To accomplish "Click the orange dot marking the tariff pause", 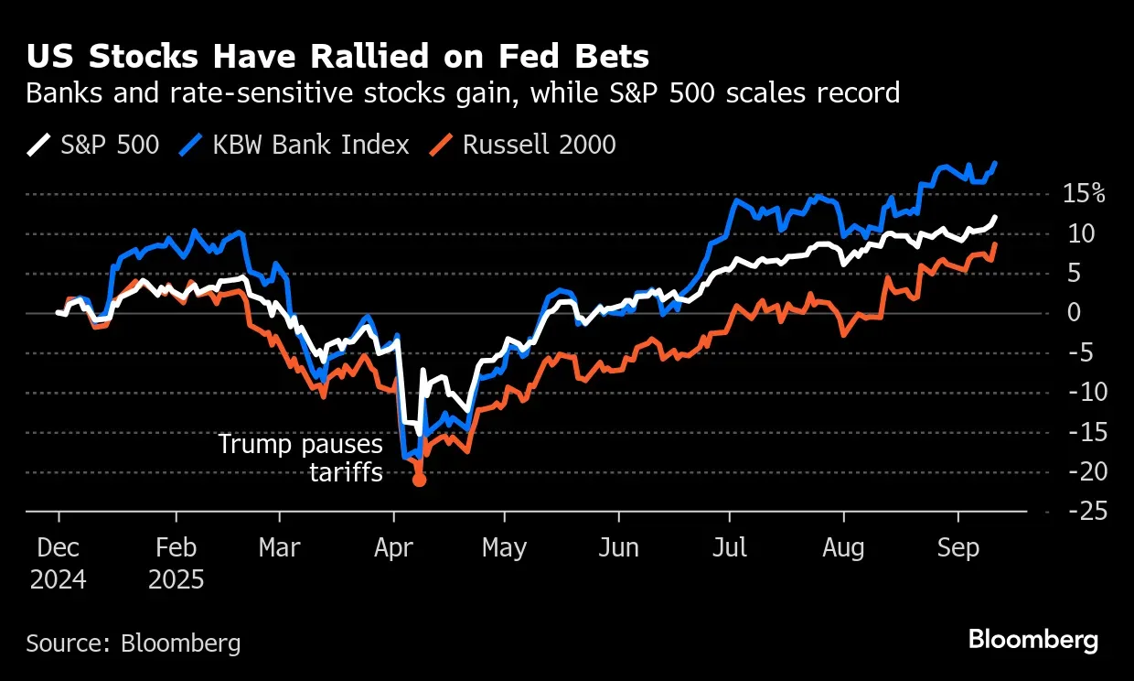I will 419,479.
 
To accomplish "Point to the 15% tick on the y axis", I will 1084,194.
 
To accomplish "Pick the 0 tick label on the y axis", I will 1075,313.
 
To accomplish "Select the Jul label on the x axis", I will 730,547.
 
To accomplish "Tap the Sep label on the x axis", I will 957,547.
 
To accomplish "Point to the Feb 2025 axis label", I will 176,563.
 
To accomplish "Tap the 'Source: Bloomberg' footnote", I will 134,643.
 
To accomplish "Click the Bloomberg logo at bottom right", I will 1032,639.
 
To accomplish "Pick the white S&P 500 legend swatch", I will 38,145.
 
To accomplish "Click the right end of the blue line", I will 994,163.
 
